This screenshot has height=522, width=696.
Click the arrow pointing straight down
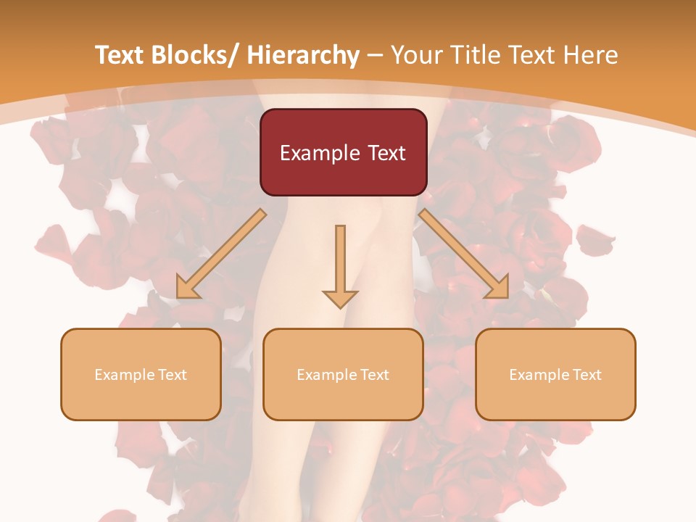pyautogui.click(x=340, y=265)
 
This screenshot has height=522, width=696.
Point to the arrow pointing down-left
pyautogui.click(x=221, y=254)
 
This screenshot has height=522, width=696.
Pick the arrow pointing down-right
pyautogui.click(x=464, y=254)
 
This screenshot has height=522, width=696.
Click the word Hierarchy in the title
pyautogui.click(x=303, y=55)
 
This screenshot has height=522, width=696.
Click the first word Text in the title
pyautogui.click(x=121, y=55)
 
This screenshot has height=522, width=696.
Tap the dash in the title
pyautogui.click(x=375, y=55)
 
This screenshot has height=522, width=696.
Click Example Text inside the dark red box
pyautogui.click(x=343, y=153)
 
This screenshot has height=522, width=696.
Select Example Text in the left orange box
pyautogui.click(x=141, y=375)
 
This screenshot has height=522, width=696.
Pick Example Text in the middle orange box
pyautogui.click(x=343, y=375)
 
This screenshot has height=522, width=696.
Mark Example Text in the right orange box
pyautogui.click(x=555, y=375)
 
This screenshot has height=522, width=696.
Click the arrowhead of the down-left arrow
pyautogui.click(x=186, y=289)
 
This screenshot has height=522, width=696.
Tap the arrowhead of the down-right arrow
pyautogui.click(x=499, y=289)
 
